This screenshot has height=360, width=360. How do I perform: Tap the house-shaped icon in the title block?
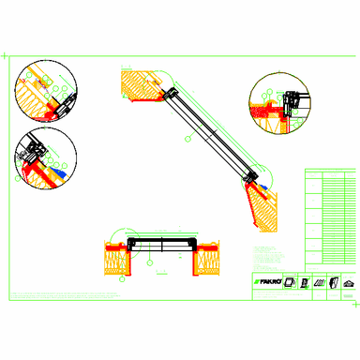pos(348,282)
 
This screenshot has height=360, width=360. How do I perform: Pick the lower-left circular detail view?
pos(46,157)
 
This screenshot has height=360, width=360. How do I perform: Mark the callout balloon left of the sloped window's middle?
pos(187,138)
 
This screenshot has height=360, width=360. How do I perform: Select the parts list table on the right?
pos(331,216)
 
